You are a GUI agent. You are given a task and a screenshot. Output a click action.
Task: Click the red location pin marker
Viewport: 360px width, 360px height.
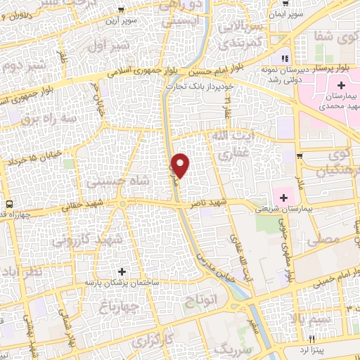(181, 165)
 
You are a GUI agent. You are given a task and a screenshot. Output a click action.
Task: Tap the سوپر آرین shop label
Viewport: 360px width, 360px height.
(139, 20)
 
